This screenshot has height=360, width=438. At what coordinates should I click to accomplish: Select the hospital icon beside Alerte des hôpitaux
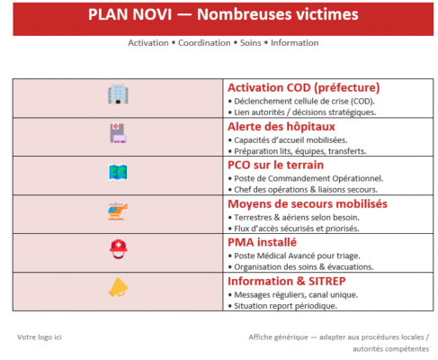118,133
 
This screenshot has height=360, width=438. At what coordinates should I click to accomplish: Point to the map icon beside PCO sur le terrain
118,172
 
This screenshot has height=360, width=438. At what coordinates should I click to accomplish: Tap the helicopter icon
118,211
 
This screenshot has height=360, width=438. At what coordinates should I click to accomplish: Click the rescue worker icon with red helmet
118,249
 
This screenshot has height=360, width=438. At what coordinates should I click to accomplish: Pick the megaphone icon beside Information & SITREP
118,288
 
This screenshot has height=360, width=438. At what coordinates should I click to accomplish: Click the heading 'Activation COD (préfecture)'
303,87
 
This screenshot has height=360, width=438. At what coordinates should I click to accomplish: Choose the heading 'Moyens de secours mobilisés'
307,203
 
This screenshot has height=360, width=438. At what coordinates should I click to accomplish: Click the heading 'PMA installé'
263,242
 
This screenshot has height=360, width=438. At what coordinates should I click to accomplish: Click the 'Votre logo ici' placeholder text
40,337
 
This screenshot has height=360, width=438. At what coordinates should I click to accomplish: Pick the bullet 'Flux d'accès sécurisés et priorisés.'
296,229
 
